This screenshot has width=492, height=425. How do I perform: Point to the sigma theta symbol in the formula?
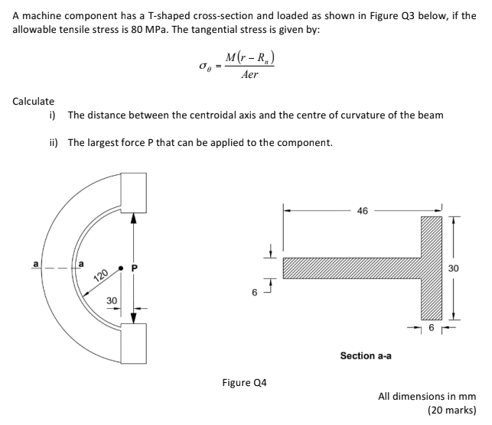point(204,69)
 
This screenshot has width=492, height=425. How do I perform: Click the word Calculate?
point(33,101)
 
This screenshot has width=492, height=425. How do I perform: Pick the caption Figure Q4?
point(239,381)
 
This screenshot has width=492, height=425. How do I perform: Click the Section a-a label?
point(368,355)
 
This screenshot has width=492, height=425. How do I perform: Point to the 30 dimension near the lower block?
point(112,301)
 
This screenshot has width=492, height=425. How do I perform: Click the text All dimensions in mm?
point(427,396)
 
